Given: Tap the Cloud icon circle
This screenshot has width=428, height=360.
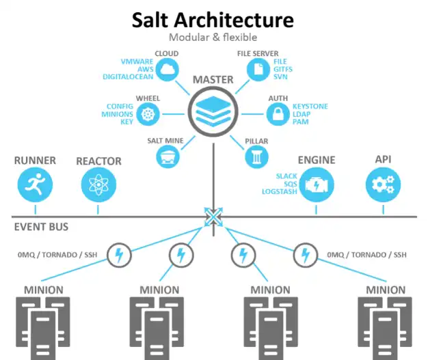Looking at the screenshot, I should click(x=167, y=69).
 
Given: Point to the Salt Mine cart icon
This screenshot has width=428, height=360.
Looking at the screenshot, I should click(x=167, y=156).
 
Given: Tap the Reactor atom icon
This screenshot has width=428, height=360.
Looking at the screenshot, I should click(x=98, y=185).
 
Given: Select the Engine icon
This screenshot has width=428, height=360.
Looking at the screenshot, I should click(x=317, y=185).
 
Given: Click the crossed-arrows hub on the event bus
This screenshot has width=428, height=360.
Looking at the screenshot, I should click(x=213, y=217).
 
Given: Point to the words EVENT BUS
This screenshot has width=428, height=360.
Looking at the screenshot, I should click(x=41, y=227).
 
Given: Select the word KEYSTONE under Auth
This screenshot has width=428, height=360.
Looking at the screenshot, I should click(x=310, y=106).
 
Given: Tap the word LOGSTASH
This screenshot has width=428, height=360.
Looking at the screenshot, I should click(x=280, y=192).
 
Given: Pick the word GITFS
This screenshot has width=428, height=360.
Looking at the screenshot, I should click(x=284, y=69).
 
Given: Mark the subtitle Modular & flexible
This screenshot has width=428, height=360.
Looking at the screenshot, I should click(x=213, y=37).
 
